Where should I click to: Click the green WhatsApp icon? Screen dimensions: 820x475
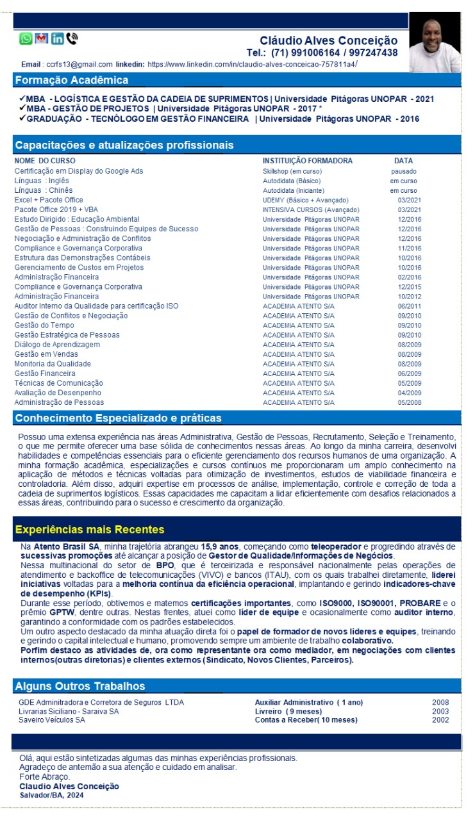click(26, 38)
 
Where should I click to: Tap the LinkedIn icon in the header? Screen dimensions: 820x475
click(57, 38)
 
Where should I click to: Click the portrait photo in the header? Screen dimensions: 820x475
click(435, 42)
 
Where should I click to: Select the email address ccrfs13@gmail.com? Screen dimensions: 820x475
click(79, 64)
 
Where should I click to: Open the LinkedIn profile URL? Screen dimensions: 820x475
click(252, 64)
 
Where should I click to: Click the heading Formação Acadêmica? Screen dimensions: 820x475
click(71, 80)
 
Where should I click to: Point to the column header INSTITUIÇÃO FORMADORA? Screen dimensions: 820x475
click(308, 161)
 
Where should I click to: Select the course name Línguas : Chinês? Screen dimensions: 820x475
click(44, 190)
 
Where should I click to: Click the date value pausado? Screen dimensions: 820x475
click(404, 171)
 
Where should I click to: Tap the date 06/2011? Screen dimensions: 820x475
click(409, 306)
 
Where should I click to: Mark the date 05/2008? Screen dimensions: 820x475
click(409, 402)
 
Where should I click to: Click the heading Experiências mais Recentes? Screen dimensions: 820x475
click(90, 530)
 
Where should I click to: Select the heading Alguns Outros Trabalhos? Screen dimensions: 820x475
click(80, 686)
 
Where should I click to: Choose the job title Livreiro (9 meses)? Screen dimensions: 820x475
click(288, 711)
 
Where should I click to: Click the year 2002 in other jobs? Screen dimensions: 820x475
click(440, 720)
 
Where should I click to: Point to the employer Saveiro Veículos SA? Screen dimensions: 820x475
click(52, 720)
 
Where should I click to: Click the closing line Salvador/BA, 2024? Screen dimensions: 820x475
click(51, 795)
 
